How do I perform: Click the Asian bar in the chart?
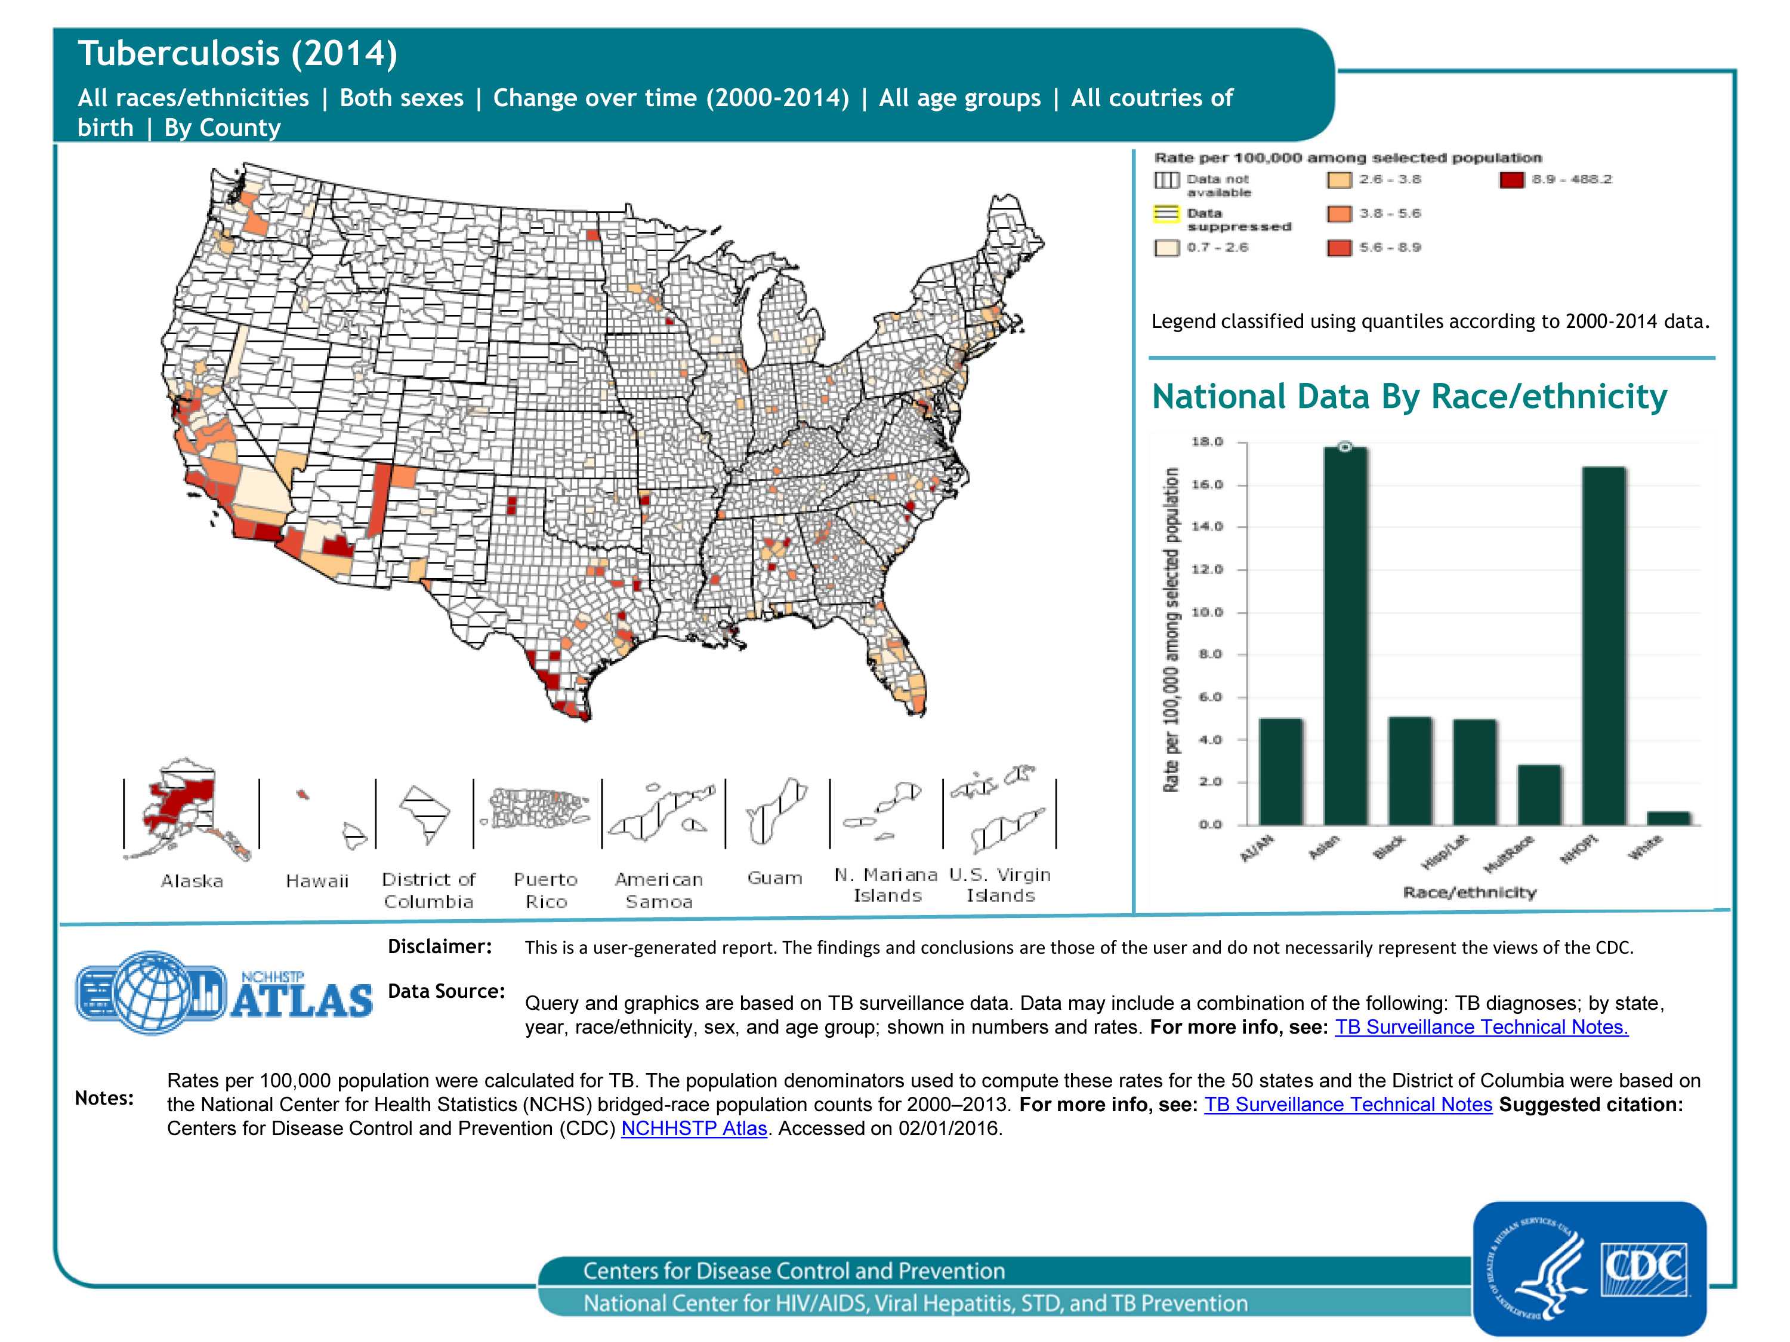tap(1345, 636)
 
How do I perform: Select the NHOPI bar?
tap(1604, 645)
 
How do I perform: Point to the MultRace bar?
tap(1539, 794)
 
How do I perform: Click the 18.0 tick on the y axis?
tap(1206, 442)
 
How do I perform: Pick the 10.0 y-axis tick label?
tap(1206, 613)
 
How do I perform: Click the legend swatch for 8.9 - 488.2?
tap(1511, 180)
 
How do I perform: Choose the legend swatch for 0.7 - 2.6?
tap(1166, 248)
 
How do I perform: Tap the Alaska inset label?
tap(192, 881)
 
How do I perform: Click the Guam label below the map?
tap(774, 878)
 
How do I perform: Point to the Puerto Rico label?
tap(545, 890)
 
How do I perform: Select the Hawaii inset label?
tap(316, 881)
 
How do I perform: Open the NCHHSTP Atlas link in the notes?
tap(693, 1128)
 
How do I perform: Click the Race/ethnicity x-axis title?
tap(1469, 892)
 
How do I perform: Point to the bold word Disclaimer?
tap(439, 947)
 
